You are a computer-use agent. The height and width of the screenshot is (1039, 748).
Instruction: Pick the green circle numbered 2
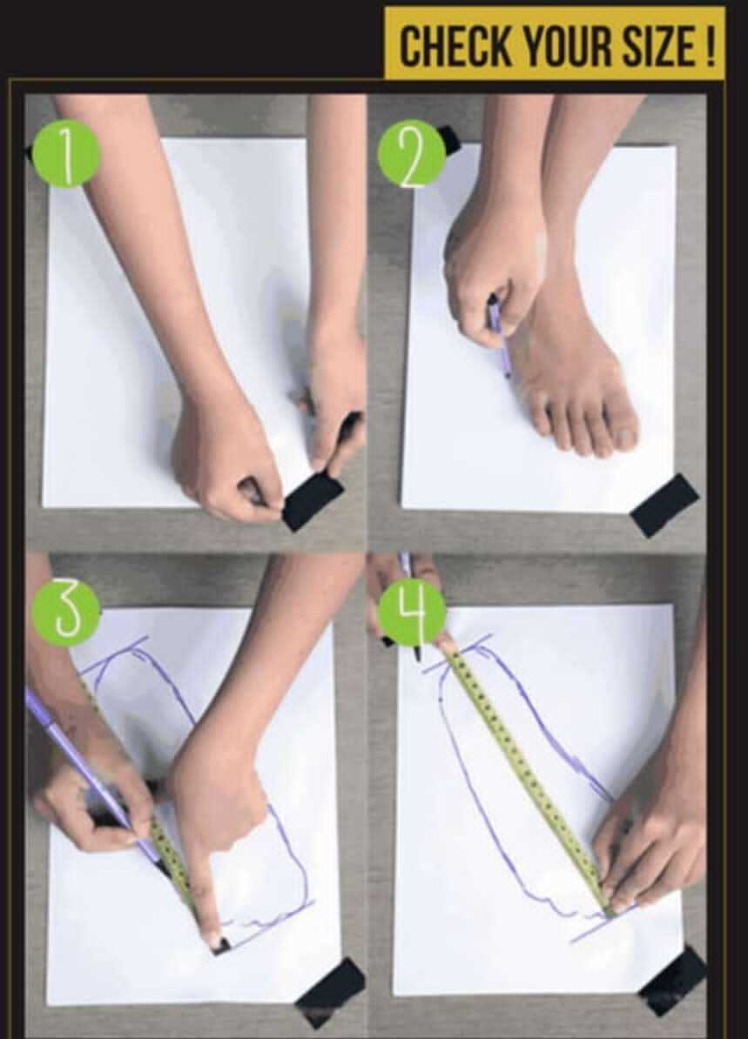(412, 153)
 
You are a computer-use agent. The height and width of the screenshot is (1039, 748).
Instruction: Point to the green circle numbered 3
(66, 613)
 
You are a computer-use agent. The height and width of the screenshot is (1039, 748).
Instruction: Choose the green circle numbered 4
(413, 611)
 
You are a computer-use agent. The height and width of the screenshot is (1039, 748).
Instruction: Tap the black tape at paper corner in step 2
(665, 505)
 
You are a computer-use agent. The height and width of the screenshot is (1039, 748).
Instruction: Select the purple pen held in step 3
(93, 775)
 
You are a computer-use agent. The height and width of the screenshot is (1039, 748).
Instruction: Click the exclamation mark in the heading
(710, 46)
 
